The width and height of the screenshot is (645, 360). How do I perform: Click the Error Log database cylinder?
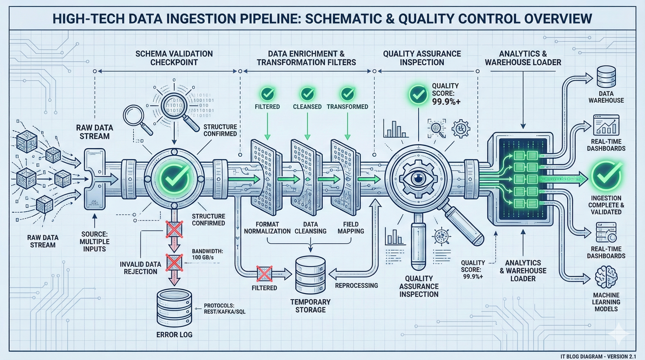pos(174,308)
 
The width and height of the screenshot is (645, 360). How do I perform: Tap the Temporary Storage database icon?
pos(310,275)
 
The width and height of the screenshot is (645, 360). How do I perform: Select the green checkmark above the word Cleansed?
pos(307,94)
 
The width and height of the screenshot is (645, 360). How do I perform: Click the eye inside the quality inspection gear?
pos(418,178)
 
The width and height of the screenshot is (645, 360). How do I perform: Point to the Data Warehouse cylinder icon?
pos(606,77)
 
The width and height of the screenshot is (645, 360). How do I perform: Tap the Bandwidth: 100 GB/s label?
pos(207,254)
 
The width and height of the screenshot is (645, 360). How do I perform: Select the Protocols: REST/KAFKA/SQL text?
pos(224,309)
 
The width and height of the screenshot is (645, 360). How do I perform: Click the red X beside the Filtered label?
pos(264,274)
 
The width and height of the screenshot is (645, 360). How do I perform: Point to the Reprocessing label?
pos(356,285)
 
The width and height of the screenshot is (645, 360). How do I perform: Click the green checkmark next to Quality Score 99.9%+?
pos(418,95)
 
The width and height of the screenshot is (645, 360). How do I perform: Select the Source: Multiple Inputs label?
pos(94,241)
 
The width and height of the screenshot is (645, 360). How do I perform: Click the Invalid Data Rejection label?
pos(140,268)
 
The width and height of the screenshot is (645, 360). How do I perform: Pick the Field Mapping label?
pos(351,227)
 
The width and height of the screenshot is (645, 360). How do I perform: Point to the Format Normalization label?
pos(267,227)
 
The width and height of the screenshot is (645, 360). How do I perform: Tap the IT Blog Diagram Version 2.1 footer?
pos(598,356)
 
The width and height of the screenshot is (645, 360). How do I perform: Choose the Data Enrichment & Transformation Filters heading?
pos(306,58)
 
